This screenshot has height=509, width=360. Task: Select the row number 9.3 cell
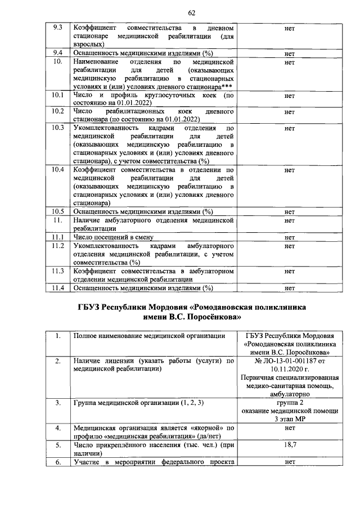[x=56, y=28]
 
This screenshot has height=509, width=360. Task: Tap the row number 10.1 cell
[x=56, y=96]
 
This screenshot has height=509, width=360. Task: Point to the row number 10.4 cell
[x=56, y=169]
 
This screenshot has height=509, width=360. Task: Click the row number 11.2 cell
[x=56, y=246]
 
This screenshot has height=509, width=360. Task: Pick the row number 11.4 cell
[x=56, y=288]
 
